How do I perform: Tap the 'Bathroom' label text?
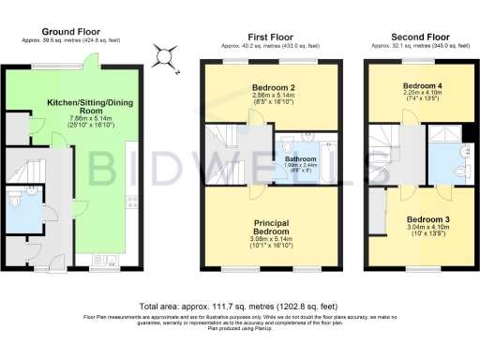click(x=301, y=159)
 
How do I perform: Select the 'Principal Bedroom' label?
click(x=272, y=225)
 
